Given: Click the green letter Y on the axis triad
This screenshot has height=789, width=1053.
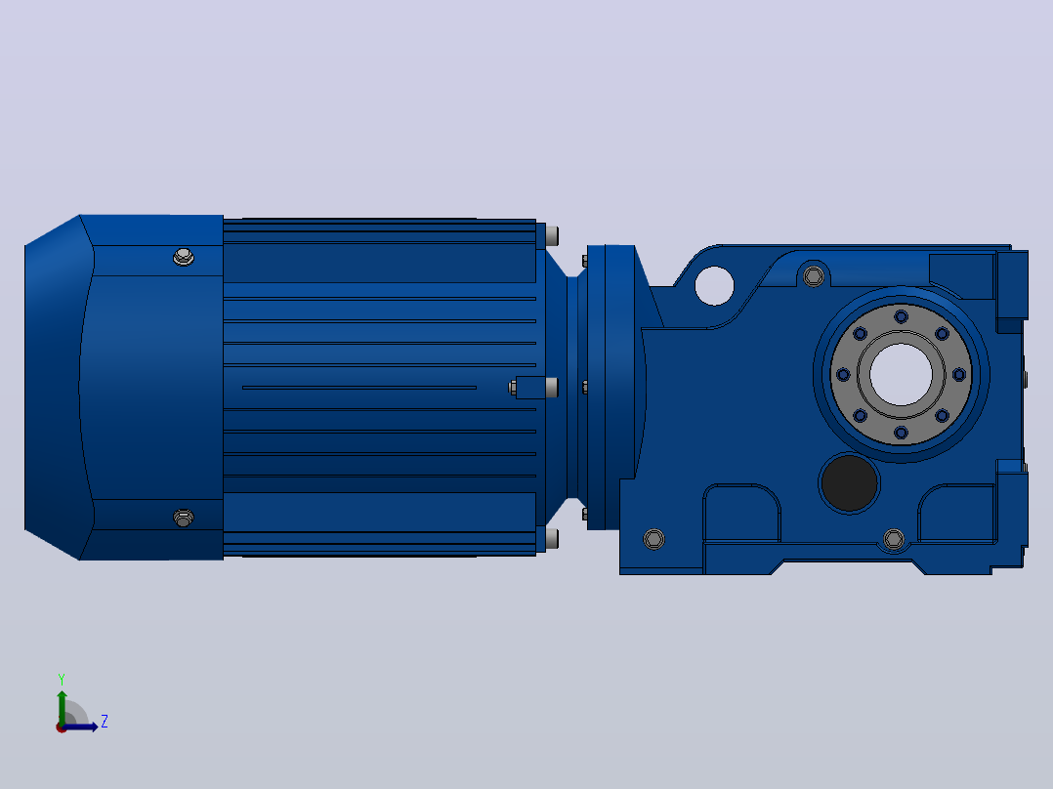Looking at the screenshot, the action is pyautogui.click(x=62, y=679).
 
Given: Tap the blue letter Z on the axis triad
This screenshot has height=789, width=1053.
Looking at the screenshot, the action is pyautogui.click(x=105, y=722).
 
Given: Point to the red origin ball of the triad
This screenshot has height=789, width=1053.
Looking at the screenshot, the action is pyautogui.click(x=62, y=727).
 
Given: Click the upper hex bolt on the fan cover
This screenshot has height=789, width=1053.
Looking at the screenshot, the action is pyautogui.click(x=184, y=257).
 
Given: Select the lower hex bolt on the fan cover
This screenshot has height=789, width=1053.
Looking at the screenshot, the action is pyautogui.click(x=184, y=518).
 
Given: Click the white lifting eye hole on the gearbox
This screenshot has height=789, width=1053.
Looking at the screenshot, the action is pyautogui.click(x=715, y=285).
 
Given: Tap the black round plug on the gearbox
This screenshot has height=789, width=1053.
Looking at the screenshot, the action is pyautogui.click(x=849, y=482).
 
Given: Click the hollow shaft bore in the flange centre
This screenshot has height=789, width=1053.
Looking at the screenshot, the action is pyautogui.click(x=902, y=374).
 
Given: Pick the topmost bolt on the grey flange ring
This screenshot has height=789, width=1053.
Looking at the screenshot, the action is pyautogui.click(x=902, y=316).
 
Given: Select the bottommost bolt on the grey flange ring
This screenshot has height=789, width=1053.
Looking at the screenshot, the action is pyautogui.click(x=902, y=433).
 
